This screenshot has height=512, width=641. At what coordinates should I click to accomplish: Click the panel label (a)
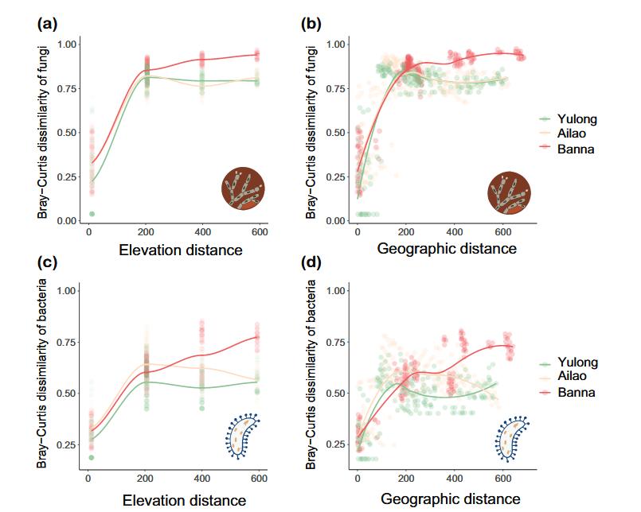pos(47,24)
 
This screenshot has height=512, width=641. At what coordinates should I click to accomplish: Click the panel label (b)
pos(312,24)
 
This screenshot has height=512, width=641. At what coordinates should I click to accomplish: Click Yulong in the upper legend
pos(580,119)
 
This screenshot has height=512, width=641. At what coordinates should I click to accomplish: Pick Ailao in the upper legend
pos(577,134)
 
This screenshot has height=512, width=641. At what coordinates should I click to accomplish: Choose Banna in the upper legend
pos(579,149)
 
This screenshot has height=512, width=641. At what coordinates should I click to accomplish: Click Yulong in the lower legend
pos(580,363)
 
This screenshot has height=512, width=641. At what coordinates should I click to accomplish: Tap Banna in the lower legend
pos(579,392)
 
